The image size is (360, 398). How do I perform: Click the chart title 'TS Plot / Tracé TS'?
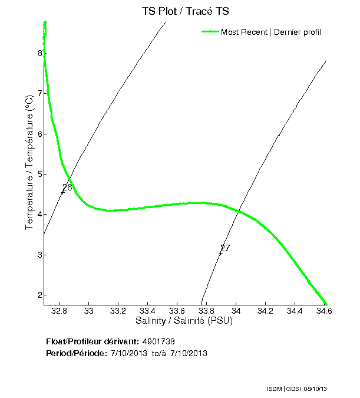(184, 11)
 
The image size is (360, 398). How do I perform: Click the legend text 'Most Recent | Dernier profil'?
(271, 32)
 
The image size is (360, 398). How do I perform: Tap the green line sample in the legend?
(210, 32)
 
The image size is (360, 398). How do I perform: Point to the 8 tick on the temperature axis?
(40, 53)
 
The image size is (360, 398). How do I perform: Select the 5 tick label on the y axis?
(40, 174)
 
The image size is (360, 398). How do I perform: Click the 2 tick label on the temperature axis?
(40, 295)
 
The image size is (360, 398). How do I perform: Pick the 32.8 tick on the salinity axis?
(60, 311)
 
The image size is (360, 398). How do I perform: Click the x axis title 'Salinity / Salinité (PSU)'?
(184, 321)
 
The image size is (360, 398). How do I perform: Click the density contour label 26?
(67, 188)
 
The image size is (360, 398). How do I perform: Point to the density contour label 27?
(225, 248)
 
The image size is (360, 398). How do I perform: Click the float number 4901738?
(159, 342)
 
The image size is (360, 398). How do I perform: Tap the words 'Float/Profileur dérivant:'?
(93, 342)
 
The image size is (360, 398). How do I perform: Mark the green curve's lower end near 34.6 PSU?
(325, 304)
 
